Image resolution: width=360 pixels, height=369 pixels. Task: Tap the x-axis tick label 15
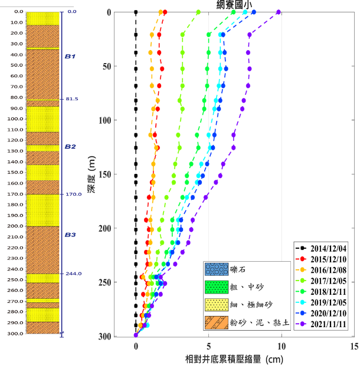pos(354,347)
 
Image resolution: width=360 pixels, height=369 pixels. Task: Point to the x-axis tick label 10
pos(282,347)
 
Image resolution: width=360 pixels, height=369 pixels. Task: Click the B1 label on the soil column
pos(70,56)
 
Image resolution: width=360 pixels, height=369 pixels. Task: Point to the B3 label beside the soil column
pos(70,235)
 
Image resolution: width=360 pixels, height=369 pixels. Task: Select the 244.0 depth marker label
pos(74,274)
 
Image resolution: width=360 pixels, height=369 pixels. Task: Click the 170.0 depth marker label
pos(74,194)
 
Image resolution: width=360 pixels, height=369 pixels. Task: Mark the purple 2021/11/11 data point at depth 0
pos(279,12)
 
